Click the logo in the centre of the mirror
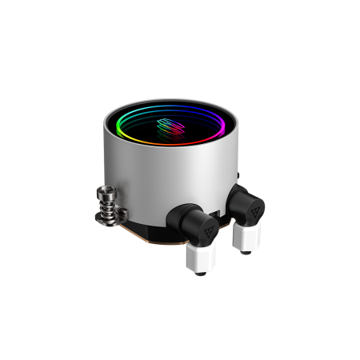coord(170,127)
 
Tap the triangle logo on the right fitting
coord(254,210)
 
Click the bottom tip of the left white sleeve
coord(200,270)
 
